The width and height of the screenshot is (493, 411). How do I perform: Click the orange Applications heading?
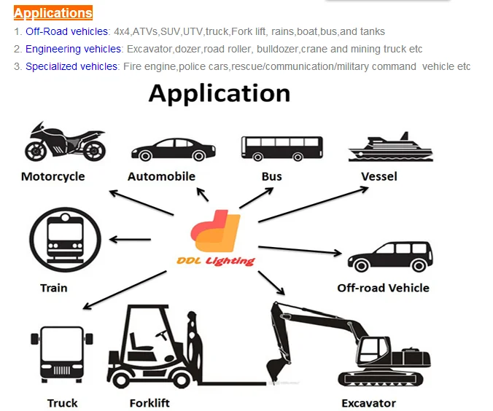(x=53, y=13)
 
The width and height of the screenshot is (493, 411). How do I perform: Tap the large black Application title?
(x=220, y=94)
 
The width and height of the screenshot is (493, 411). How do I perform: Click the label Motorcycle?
(x=53, y=176)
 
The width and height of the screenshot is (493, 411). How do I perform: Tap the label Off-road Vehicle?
(x=383, y=287)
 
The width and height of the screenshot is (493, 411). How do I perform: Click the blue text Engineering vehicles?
(x=74, y=49)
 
